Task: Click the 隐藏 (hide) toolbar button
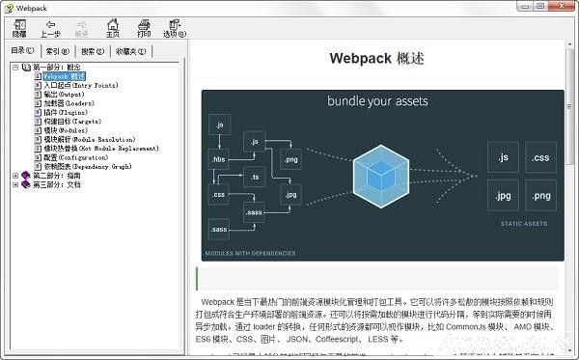(x=19, y=27)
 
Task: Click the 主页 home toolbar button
(x=112, y=27)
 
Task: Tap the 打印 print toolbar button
(x=144, y=27)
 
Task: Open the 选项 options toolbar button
(x=175, y=27)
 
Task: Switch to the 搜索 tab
(x=93, y=51)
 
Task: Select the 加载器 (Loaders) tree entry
(x=68, y=104)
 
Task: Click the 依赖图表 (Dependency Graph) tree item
(x=87, y=166)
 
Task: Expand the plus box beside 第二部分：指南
(x=14, y=176)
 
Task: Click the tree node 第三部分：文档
(x=57, y=184)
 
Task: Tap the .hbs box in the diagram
(x=218, y=159)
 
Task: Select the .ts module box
(x=255, y=176)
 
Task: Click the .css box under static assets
(x=540, y=156)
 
